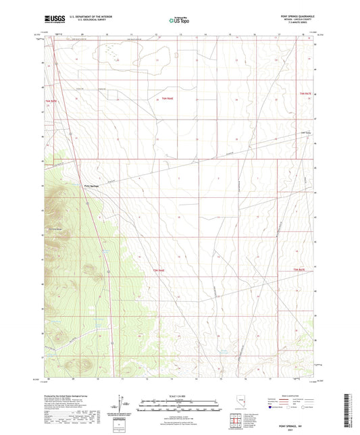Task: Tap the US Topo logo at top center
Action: (x=179, y=20)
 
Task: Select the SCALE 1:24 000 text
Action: (x=179, y=393)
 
